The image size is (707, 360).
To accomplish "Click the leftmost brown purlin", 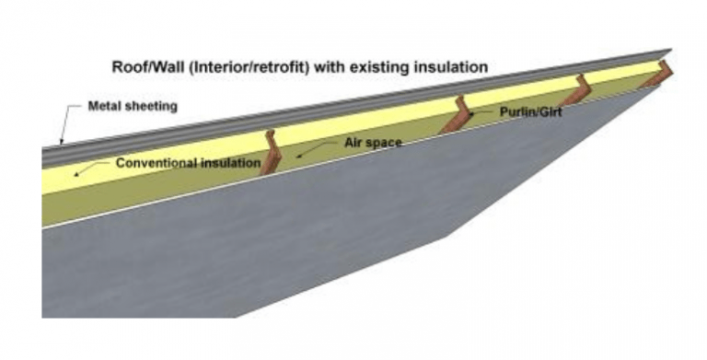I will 269,153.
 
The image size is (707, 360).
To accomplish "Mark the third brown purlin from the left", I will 576,89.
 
